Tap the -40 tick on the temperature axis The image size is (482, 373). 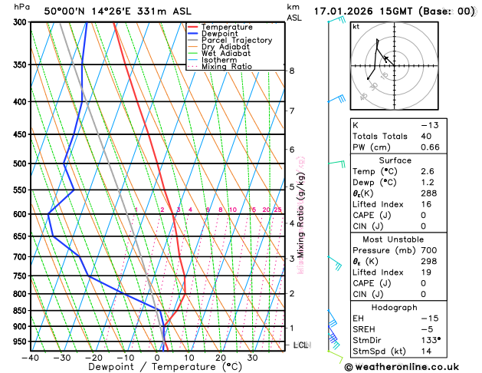31,358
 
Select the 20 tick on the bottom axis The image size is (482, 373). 221,358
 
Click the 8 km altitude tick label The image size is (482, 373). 292,71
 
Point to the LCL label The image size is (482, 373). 300,345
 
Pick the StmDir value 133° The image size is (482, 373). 430,339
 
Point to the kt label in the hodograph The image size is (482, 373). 356,26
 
